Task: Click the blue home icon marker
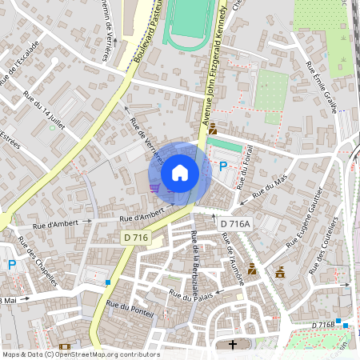(x=180, y=173)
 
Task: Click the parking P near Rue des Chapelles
(x=12, y=265)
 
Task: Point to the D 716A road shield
(x=235, y=224)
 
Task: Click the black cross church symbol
(x=234, y=346)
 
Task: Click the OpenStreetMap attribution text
(x=80, y=354)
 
